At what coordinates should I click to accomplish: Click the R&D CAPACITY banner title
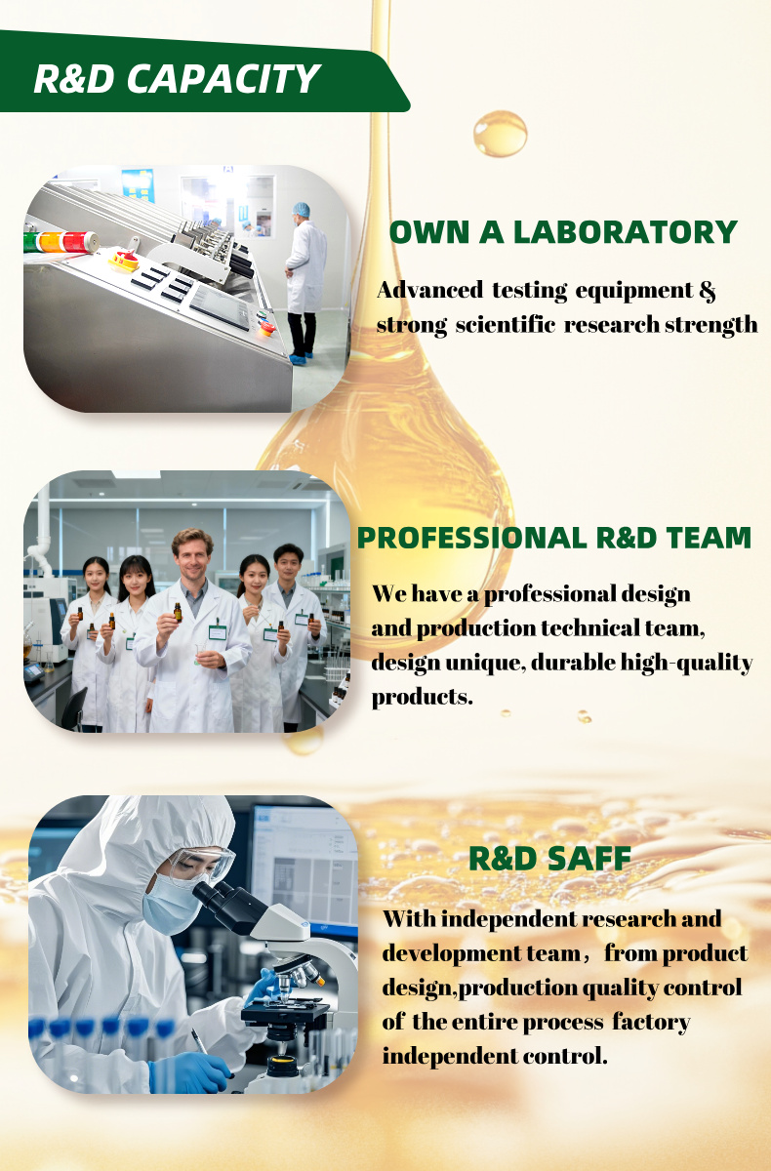(177, 79)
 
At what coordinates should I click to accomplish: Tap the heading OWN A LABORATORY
(563, 232)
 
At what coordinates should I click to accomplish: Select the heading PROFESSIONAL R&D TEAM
(554, 538)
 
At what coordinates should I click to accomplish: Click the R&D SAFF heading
(549, 859)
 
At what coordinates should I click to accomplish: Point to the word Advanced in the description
(429, 290)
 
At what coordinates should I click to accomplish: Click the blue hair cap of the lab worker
(302, 210)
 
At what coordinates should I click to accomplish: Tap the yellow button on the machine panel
(123, 261)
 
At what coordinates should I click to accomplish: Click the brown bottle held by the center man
(178, 612)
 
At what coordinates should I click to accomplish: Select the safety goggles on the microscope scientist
(201, 864)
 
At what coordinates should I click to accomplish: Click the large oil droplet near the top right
(500, 134)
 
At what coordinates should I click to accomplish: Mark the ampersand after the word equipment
(708, 290)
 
